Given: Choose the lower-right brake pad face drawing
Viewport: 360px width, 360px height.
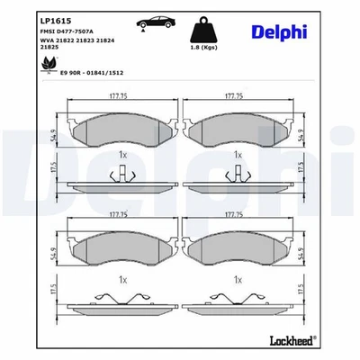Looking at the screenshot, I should tap(238, 248).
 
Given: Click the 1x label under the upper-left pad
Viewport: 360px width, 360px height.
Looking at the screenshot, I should tap(122, 155).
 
